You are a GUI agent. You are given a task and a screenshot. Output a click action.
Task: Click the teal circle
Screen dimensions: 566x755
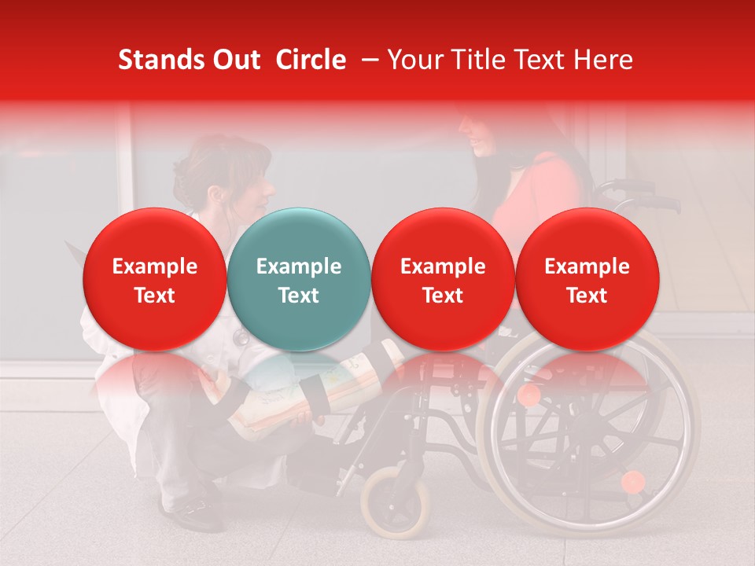299,279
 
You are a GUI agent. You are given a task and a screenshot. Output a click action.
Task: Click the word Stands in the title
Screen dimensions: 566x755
158,60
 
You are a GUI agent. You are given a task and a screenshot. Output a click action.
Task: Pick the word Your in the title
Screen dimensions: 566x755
413,60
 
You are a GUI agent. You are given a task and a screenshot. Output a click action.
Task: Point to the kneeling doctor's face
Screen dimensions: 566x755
256,189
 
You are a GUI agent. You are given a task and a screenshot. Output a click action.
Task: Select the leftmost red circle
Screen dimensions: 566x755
155,279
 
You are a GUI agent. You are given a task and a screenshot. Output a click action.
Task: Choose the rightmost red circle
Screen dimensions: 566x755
587,279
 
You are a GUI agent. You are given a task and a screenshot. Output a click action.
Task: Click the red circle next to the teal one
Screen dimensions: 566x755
443,279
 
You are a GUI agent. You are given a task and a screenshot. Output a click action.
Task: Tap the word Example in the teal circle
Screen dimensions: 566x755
299,266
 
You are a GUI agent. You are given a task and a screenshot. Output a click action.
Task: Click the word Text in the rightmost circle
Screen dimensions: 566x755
587,296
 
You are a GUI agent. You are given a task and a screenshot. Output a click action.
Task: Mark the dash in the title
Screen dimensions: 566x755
366,61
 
